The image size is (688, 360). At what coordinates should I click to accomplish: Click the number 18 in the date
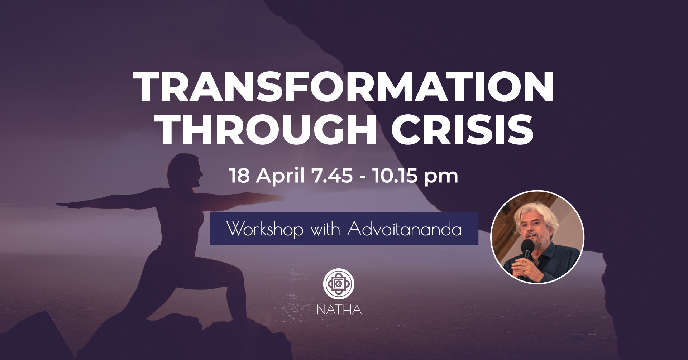pyautogui.click(x=240, y=176)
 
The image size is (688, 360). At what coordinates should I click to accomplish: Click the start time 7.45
pyautogui.click(x=332, y=176)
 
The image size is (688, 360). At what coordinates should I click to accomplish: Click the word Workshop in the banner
pyautogui.click(x=265, y=229)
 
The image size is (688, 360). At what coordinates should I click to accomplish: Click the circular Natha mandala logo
pyautogui.click(x=339, y=284)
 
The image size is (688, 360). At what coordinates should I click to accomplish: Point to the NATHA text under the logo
pyautogui.click(x=339, y=309)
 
